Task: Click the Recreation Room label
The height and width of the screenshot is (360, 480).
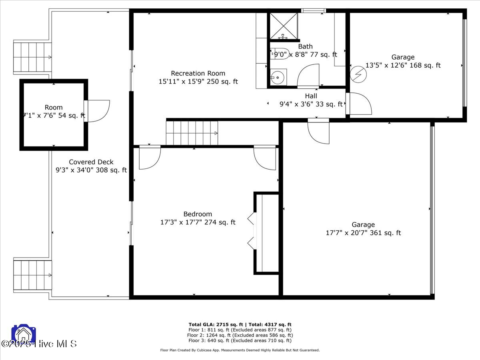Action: click(x=198, y=73)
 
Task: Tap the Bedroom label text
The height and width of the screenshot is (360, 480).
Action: click(x=198, y=214)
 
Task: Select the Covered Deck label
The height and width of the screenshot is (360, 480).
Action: click(x=91, y=162)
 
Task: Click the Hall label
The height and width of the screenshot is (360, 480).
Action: click(x=311, y=96)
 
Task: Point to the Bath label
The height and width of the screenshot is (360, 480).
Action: click(x=305, y=46)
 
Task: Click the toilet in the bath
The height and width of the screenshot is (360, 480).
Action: click(x=277, y=54)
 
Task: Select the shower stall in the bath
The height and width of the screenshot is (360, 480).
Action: click(x=284, y=26)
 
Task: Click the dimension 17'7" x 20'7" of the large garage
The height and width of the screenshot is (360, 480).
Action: click(x=363, y=233)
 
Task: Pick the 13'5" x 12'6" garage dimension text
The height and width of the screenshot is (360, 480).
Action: click(x=403, y=65)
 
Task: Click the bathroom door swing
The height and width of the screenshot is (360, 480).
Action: click(x=308, y=76)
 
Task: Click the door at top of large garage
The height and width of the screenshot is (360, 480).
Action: click(x=319, y=132)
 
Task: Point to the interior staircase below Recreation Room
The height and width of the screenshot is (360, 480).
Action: click(x=192, y=133)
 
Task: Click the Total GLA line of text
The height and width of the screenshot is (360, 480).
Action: click(x=240, y=324)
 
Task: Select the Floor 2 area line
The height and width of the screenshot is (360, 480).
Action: click(x=240, y=335)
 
